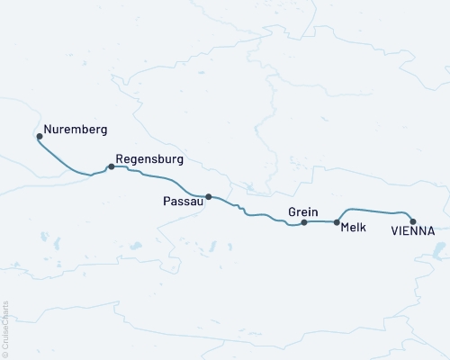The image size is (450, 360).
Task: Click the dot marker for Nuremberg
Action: [x=39, y=137]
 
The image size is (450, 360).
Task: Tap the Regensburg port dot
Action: [x=111, y=166]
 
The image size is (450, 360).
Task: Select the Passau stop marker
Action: [x=209, y=196]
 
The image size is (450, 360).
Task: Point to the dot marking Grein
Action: [x=304, y=221]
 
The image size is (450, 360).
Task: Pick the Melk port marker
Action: [x=337, y=221]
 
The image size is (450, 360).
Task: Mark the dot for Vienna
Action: [x=413, y=220]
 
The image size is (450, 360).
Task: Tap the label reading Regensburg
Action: [x=149, y=159]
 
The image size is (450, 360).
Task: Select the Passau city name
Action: [x=183, y=202]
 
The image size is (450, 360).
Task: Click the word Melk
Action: [x=354, y=229]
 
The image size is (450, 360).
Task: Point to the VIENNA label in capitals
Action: [x=413, y=231]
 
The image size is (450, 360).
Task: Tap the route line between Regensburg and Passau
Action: [x=162, y=178]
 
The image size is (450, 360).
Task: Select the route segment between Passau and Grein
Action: [x=256, y=215]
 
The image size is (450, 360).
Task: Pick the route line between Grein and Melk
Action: [x=320, y=221]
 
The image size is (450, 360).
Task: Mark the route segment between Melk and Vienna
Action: [x=373, y=211]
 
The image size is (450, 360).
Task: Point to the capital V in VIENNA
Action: [x=396, y=231]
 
